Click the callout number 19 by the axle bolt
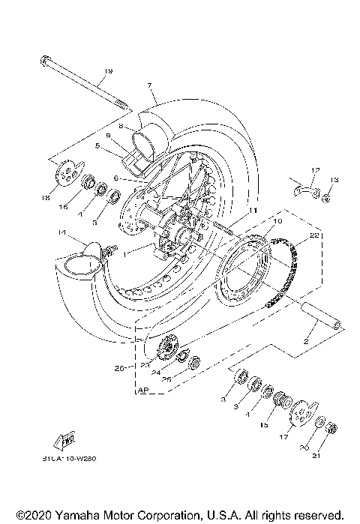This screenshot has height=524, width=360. [109, 71]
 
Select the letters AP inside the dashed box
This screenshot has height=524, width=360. [143, 391]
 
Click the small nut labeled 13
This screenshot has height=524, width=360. [326, 198]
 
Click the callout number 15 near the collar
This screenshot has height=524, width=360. [283, 424]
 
